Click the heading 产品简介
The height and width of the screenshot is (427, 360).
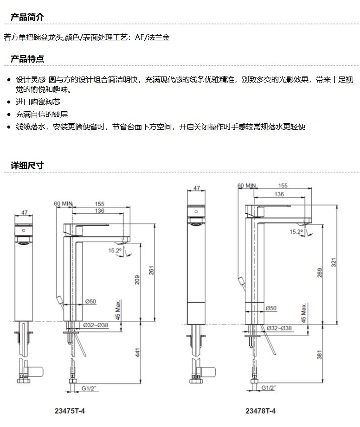[27, 18]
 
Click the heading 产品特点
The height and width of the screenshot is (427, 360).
[27, 59]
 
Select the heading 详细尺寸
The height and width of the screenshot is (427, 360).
[27, 166]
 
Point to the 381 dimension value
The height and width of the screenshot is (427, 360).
[319, 355]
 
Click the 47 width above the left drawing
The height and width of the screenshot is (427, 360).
[25, 213]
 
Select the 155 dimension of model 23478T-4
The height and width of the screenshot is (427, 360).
[283, 186]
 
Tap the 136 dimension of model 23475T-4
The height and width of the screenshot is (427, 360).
[99, 211]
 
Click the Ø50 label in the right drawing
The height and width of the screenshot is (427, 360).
[271, 308]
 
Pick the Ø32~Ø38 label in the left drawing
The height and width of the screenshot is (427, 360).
[96, 325]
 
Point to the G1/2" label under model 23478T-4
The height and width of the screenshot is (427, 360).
[269, 388]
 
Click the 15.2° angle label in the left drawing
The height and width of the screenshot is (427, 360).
[115, 250]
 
